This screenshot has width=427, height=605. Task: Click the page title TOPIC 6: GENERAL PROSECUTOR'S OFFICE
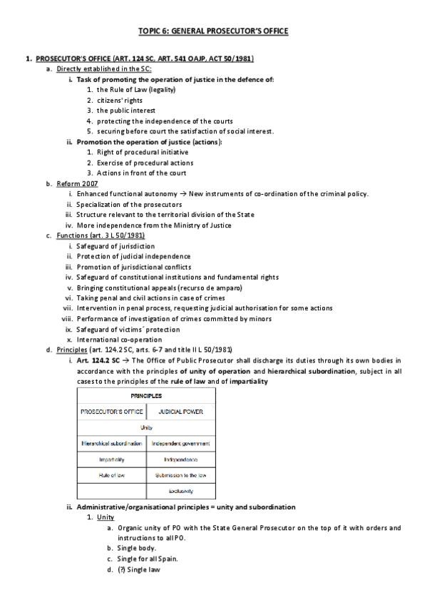pos(213,31)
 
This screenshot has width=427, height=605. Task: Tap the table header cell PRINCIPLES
pos(146,395)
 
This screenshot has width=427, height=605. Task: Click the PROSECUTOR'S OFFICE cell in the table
pos(111,411)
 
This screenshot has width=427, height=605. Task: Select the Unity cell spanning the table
pos(146,427)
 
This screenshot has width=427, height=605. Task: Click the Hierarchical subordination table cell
pos(111,443)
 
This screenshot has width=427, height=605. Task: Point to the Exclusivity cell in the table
pos(181,491)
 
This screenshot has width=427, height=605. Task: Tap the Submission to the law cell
pos(181,474)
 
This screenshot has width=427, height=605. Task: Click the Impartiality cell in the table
pos(111,459)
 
